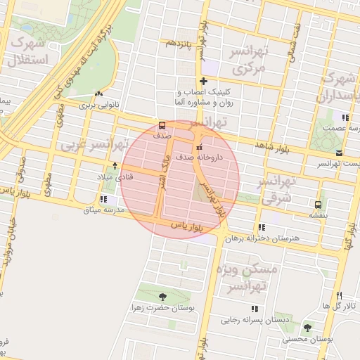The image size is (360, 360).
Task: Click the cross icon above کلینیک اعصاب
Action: click(203, 81)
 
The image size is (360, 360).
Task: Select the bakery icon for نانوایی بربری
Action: click(99, 94)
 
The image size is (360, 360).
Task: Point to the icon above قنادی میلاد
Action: click(115, 166)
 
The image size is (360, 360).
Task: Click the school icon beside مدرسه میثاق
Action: click(104, 198)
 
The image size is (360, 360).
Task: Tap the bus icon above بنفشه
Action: click(319, 205)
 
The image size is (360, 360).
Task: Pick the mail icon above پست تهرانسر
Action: click(339, 153)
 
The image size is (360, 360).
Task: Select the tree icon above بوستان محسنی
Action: click(307, 328)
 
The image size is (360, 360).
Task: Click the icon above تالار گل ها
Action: click(338, 295)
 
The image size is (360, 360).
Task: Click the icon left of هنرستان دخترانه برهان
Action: click(262, 227)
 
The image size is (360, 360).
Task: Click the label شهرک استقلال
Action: click(25, 51)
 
